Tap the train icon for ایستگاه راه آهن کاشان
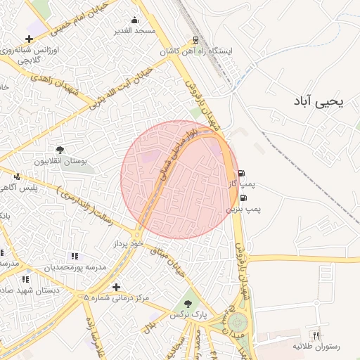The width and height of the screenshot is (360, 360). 195,40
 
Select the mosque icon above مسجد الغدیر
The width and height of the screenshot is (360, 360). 135,20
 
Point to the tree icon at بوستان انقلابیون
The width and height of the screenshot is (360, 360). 60,150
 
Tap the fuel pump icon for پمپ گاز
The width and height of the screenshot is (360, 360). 243,173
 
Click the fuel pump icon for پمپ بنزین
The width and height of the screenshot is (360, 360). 243,198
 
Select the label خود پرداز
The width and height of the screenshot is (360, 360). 128,243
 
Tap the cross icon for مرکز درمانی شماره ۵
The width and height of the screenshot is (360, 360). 116,287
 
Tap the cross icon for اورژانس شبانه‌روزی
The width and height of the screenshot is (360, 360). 28,39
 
